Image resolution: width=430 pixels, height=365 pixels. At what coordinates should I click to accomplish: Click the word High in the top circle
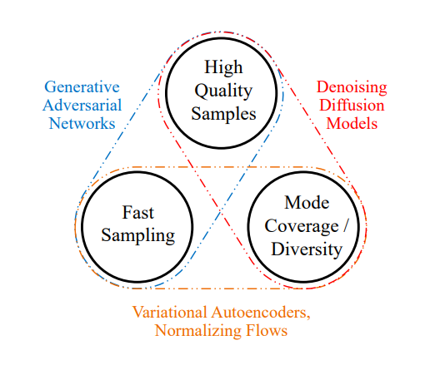tap(223, 67)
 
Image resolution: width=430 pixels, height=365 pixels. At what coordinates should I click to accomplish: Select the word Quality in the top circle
tap(223, 91)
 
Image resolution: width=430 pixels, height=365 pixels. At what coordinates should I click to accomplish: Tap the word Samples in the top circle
tap(223, 114)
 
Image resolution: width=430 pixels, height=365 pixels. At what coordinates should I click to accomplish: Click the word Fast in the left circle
tap(138, 213)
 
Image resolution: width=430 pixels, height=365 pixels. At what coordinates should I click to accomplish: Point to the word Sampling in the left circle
tap(138, 236)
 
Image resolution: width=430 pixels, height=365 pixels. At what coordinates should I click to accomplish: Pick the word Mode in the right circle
tap(307, 202)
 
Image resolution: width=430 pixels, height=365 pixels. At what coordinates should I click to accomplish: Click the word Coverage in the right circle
tap(302, 226)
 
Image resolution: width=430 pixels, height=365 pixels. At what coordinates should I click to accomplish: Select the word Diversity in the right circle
tap(307, 249)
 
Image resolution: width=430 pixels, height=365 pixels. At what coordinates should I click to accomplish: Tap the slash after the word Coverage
tap(345, 225)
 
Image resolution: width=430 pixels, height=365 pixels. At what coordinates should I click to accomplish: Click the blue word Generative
tap(82, 86)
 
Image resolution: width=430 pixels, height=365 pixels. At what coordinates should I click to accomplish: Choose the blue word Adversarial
tap(82, 105)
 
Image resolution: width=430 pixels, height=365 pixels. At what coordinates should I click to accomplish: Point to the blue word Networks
tap(82, 123)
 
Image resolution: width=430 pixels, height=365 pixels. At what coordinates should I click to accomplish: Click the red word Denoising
tap(352, 88)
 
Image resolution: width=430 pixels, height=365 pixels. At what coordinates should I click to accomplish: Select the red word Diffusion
tap(352, 105)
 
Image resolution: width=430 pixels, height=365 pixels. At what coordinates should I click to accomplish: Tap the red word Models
tap(352, 123)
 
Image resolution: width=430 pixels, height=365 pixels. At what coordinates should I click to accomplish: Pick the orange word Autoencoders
tap(261, 313)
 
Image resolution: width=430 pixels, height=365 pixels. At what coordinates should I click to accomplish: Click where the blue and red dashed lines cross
tap(221, 213)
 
